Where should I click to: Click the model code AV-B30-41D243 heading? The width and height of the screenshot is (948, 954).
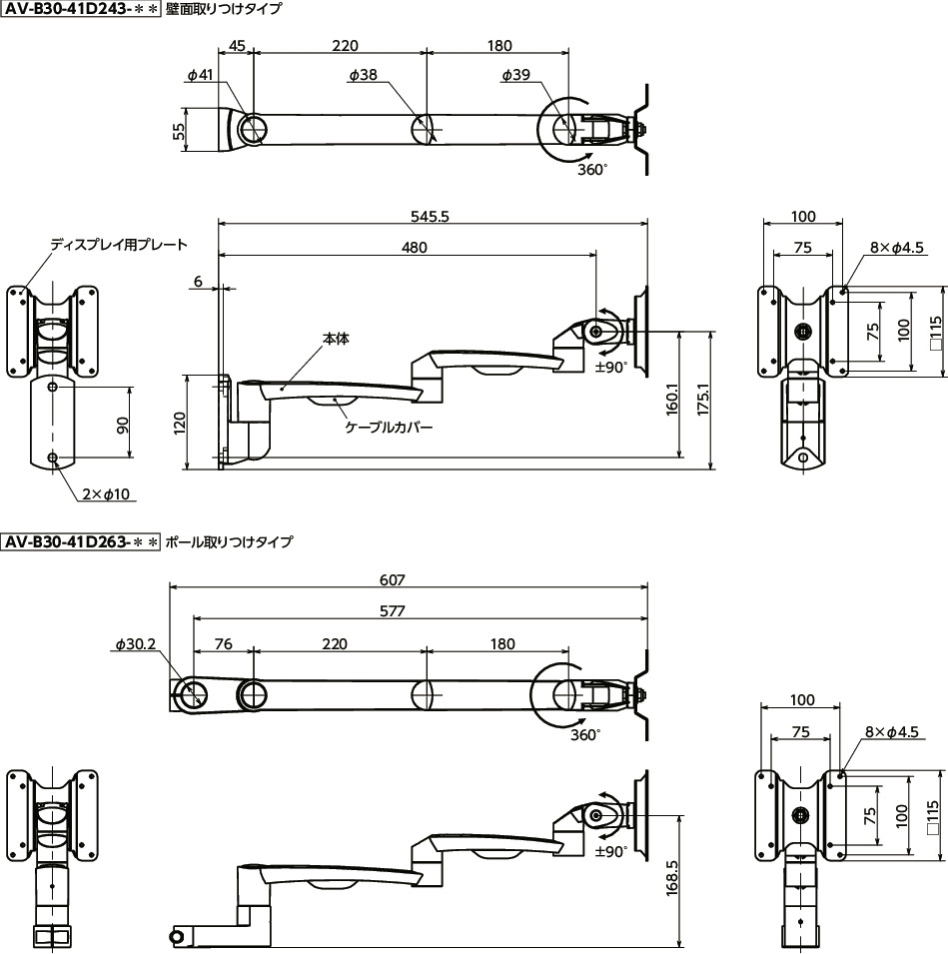click(x=80, y=11)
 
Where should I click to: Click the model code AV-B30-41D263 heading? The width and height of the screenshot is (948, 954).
click(x=80, y=542)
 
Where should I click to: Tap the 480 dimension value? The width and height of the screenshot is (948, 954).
click(x=414, y=248)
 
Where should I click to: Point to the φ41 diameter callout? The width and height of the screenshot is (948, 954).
click(x=200, y=75)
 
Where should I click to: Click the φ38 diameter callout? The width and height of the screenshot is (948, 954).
click(x=363, y=75)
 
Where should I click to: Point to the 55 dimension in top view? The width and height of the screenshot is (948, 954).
click(x=179, y=132)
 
